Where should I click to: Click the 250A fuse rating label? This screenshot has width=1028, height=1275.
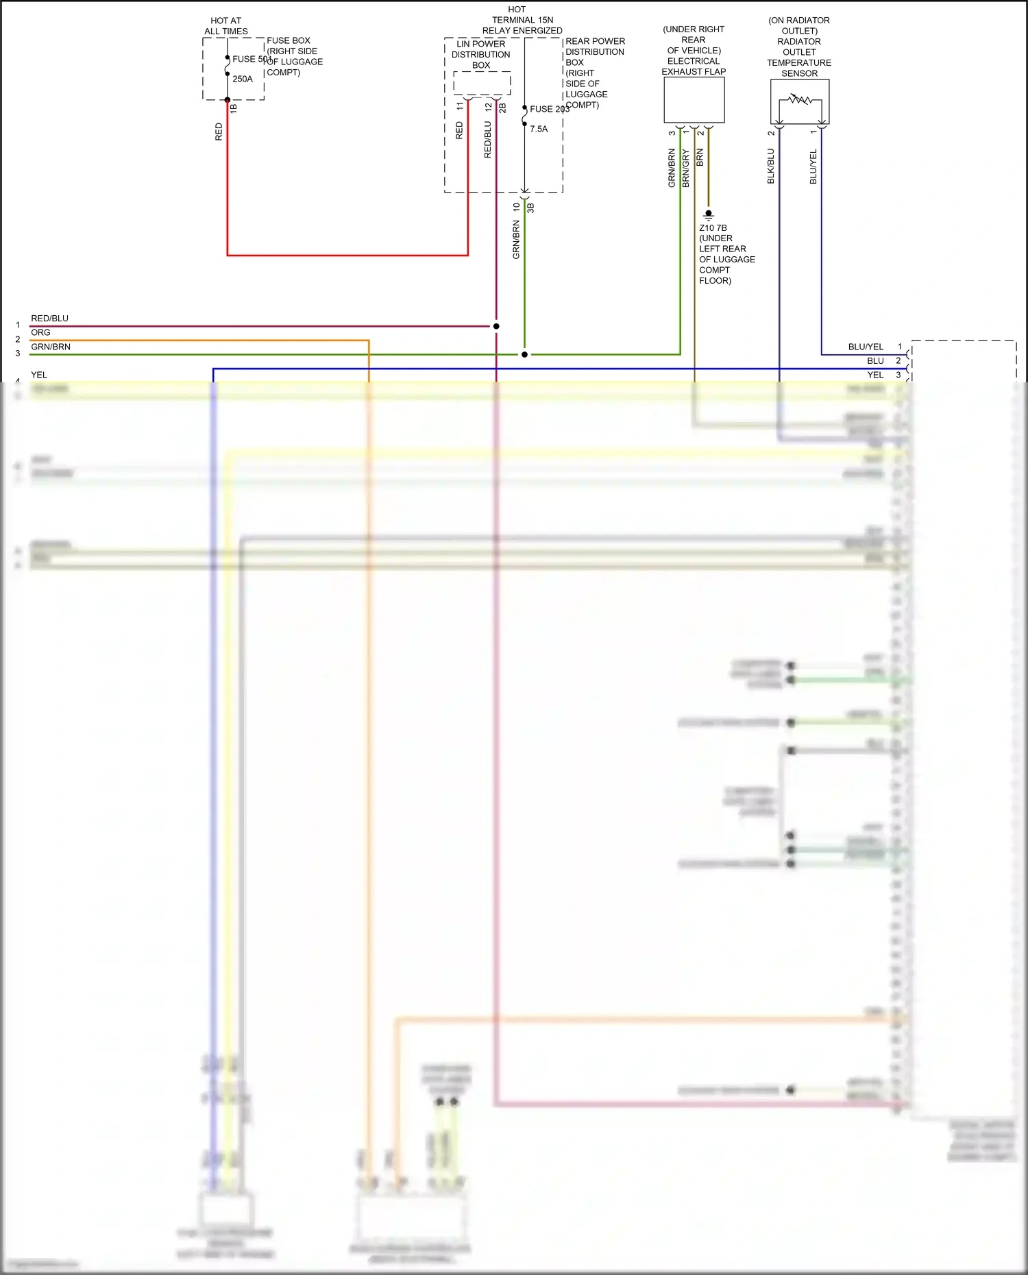click(243, 79)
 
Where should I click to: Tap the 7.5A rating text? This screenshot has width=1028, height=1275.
click(539, 129)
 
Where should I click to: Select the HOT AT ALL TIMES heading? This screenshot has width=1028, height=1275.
click(226, 26)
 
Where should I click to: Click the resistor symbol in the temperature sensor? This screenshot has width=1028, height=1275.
click(800, 100)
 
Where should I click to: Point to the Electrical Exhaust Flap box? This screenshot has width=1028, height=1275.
click(694, 100)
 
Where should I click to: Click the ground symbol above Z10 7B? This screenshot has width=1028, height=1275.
click(709, 215)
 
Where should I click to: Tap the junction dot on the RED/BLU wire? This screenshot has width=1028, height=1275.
click(496, 326)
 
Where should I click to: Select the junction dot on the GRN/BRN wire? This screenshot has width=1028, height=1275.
click(524, 354)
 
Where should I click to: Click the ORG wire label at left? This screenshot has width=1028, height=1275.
click(40, 332)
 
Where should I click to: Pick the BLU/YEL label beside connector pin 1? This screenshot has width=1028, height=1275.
click(866, 347)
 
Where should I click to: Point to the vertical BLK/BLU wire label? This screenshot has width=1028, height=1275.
click(770, 166)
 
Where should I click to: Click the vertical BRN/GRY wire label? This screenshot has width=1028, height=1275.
click(685, 169)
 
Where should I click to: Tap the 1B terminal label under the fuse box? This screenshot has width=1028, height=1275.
click(234, 108)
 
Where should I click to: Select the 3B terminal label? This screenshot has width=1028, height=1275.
click(530, 208)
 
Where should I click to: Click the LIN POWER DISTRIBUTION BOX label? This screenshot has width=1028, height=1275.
click(481, 55)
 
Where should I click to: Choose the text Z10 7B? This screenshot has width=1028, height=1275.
click(713, 228)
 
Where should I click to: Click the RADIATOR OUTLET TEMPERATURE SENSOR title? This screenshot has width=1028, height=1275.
click(799, 58)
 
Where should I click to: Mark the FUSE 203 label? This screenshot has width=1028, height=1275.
click(549, 109)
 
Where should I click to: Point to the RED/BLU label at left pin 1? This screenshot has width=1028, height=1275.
click(49, 319)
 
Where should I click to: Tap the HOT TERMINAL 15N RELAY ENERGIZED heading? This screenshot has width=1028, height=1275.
click(522, 20)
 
